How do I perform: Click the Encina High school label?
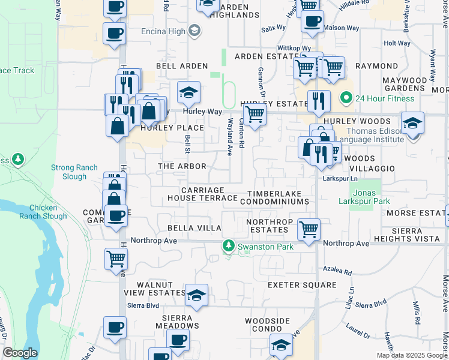[155, 31]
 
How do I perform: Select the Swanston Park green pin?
[228, 246]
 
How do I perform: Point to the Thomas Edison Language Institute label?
[369, 135]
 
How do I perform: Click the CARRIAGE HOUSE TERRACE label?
[203, 194]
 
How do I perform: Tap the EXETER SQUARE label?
[297, 284]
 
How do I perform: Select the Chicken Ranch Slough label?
[43, 212]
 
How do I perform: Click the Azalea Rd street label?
[336, 272]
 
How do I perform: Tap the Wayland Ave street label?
[229, 137]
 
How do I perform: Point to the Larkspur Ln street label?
[340, 179]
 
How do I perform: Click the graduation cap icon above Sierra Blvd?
[196, 295]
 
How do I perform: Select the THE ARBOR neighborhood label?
[182, 166]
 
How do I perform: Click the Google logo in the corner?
[20, 353]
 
